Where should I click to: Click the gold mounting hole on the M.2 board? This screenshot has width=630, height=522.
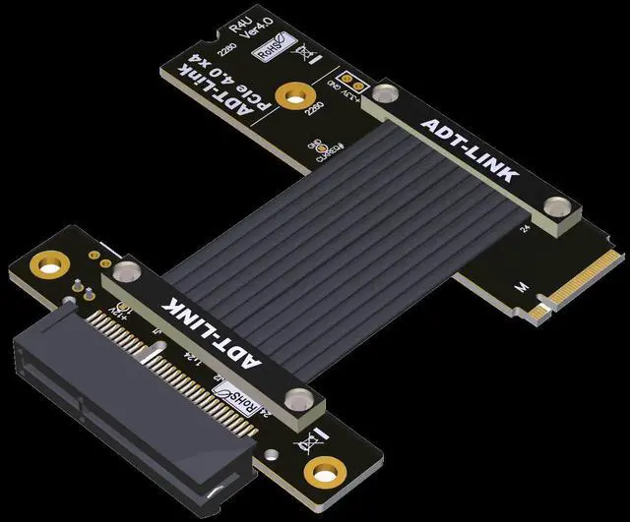pos(289,96)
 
